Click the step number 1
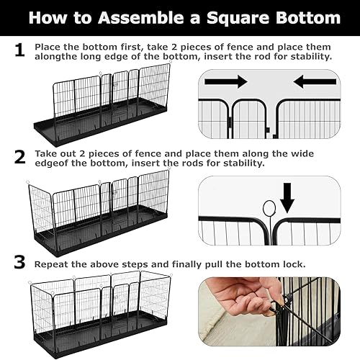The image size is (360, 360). (x=19, y=50)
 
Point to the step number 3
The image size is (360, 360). (x=19, y=264)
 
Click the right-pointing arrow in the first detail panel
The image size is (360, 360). (x=225, y=81)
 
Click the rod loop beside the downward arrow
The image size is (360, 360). (x=269, y=210)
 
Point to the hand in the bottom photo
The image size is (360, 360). (x=241, y=299)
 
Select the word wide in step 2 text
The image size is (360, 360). (x=305, y=153)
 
